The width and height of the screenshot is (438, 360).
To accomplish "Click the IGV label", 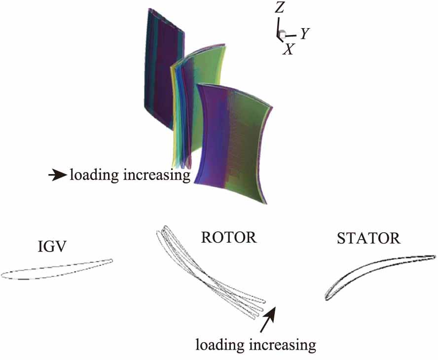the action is [x=52, y=247].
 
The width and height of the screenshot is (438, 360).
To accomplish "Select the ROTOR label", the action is [x=229, y=238].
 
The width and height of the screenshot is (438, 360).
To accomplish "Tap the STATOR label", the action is [x=369, y=239].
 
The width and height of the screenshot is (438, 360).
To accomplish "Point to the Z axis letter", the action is [x=279, y=8].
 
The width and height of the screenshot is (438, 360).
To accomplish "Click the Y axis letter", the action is [x=305, y=34].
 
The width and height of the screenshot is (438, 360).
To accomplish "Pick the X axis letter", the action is [x=288, y=49].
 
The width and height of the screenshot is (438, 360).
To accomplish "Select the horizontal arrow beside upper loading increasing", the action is [x=58, y=176].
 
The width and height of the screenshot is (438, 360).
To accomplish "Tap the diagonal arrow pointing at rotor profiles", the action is [x=268, y=320].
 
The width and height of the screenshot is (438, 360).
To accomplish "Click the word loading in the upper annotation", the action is [x=94, y=176].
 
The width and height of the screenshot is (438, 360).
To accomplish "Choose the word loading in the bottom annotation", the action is [x=220, y=345].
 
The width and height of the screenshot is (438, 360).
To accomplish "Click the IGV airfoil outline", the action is [x=56, y=269].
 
